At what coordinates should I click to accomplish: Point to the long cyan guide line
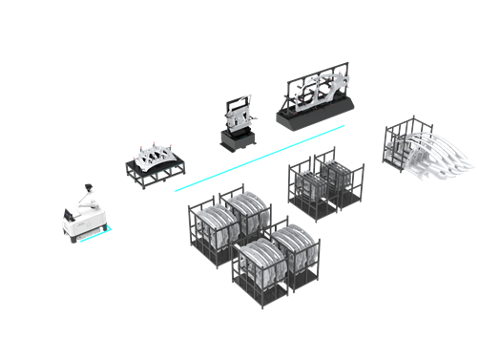point(258,153)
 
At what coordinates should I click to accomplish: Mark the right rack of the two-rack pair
point(339,181)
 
